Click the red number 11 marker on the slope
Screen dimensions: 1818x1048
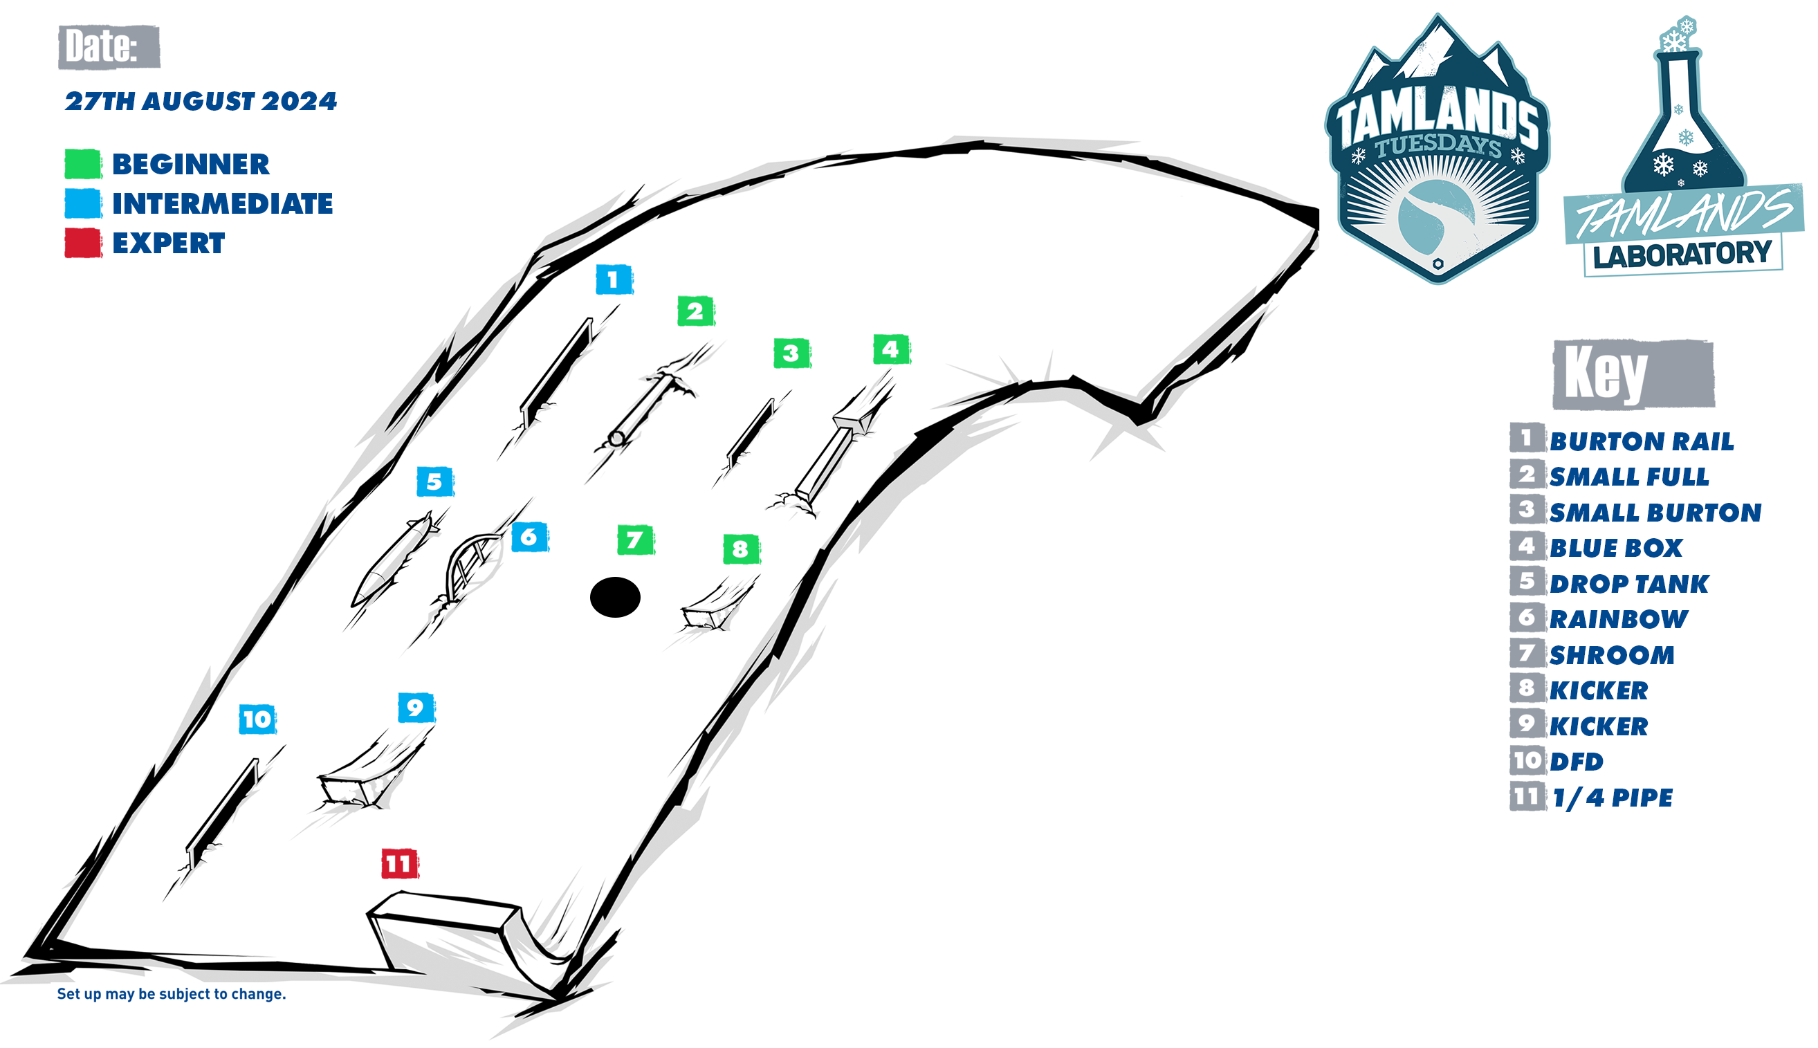pos(399,864)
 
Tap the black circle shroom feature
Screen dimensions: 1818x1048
pos(614,598)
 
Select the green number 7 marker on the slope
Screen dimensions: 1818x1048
pos(636,540)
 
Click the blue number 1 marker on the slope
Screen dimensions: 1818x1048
pos(614,279)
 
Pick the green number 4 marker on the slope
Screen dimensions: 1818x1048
pos(892,350)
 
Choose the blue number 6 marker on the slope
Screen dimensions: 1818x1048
pos(530,537)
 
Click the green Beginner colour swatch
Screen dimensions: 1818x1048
pos(83,164)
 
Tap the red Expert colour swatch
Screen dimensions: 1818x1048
pos(83,243)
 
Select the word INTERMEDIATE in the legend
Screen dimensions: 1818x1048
pos(222,203)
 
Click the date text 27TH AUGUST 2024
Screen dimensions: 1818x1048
pos(201,102)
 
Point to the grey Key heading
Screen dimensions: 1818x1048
pos(1633,374)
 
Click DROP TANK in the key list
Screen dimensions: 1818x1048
pos(1628,584)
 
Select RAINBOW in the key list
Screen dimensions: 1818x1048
pos(1619,619)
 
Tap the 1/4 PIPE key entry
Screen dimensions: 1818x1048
pos(1612,798)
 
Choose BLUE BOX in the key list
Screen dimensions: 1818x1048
pos(1616,548)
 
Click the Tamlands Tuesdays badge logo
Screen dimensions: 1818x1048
pos(1438,148)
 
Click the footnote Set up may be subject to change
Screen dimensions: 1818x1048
pos(172,994)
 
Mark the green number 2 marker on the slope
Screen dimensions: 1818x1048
pos(696,311)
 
